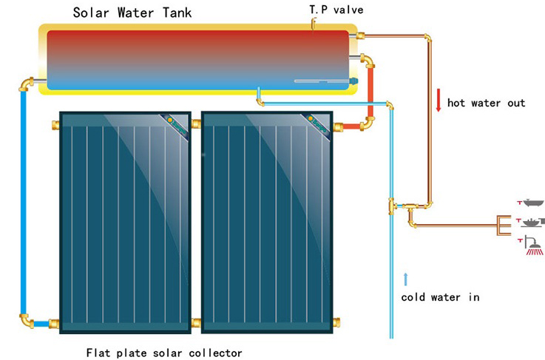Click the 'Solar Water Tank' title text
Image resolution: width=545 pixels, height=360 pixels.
[132, 13]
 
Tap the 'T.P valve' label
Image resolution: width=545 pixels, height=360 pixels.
[336, 10]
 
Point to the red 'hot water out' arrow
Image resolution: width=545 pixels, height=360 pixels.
[439, 100]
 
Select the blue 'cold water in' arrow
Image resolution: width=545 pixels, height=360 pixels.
[405, 279]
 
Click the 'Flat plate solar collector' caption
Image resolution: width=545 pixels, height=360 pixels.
[164, 353]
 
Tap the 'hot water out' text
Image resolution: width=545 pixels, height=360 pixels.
[486, 103]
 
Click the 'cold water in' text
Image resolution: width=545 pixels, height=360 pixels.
[441, 297]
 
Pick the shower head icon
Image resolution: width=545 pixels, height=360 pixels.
[533, 245]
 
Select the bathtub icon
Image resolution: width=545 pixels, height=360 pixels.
[533, 203]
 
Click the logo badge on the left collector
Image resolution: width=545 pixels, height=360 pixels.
[176, 127]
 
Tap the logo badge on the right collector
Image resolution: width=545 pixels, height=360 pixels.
[318, 127]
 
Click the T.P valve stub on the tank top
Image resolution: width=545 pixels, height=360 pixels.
[313, 24]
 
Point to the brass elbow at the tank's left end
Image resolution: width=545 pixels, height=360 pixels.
[26, 84]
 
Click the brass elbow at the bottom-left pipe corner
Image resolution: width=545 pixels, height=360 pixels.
[27, 321]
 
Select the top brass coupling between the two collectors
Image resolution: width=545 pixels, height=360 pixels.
[196, 124]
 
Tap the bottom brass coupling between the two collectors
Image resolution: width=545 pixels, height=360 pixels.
[196, 323]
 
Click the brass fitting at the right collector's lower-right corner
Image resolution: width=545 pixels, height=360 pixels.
[336, 322]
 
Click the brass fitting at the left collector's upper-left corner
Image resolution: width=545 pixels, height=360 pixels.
[55, 125]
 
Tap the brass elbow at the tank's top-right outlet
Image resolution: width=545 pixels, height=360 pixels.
[360, 35]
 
